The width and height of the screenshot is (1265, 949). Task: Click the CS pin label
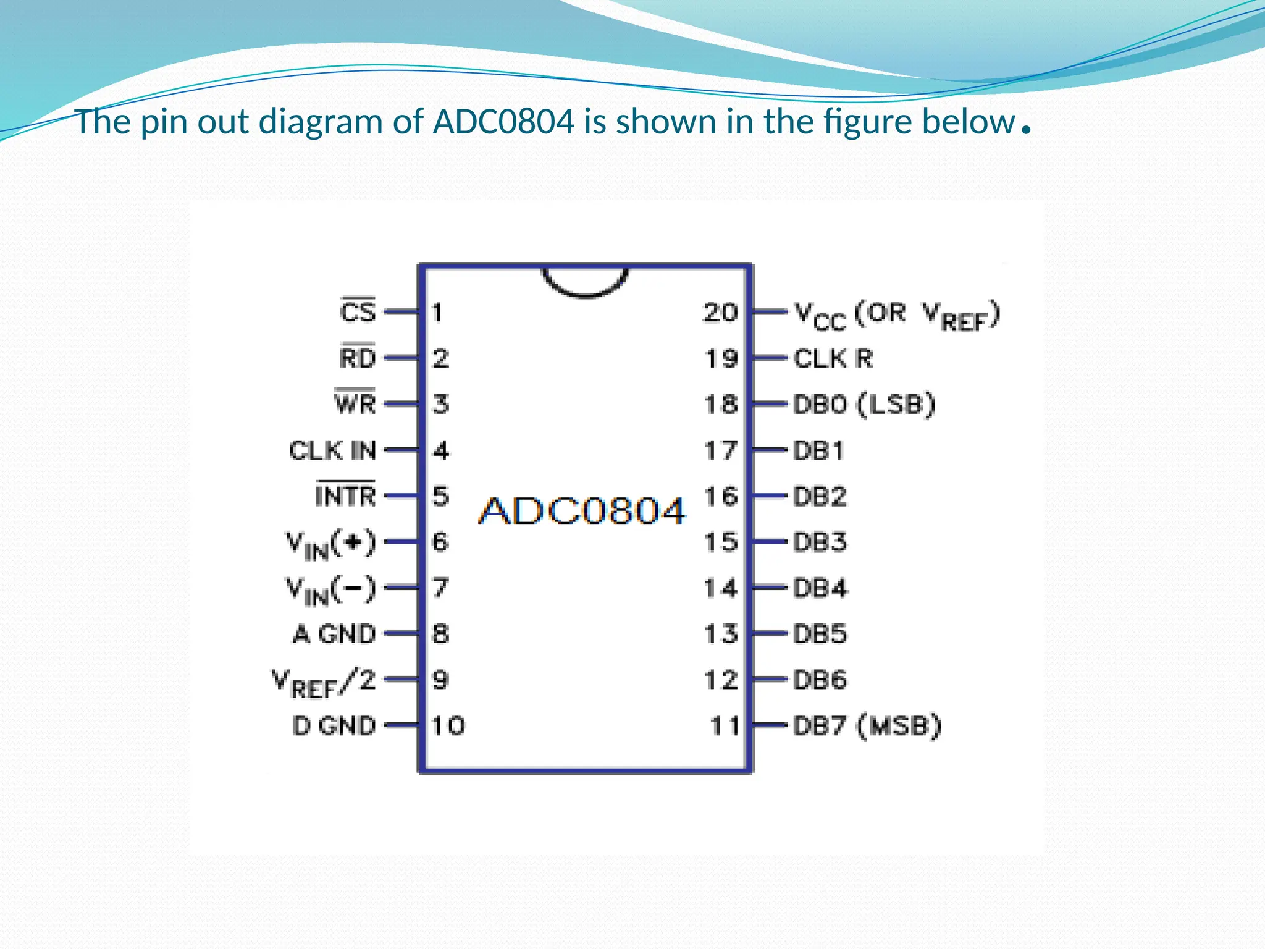(x=358, y=311)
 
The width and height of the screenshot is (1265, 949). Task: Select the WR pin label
(x=355, y=403)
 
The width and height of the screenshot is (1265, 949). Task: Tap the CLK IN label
(x=332, y=450)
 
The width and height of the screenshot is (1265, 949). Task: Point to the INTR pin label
(x=345, y=496)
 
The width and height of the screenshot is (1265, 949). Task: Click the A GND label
(x=334, y=634)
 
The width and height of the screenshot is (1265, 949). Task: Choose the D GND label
(x=334, y=725)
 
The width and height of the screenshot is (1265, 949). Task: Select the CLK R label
(x=833, y=358)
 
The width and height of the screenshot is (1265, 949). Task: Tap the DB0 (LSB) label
(x=864, y=405)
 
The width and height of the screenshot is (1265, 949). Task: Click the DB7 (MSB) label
(x=867, y=725)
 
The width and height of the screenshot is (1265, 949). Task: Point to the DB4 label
(x=820, y=588)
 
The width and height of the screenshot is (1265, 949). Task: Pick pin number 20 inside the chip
(x=720, y=312)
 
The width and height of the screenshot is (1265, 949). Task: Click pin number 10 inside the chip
(x=448, y=725)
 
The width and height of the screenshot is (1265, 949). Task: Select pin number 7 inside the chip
(x=440, y=587)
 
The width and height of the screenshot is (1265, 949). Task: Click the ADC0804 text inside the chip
(x=582, y=511)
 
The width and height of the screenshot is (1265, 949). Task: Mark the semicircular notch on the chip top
(x=585, y=282)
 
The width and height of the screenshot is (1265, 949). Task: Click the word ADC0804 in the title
(x=503, y=122)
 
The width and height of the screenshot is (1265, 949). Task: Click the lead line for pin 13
(x=769, y=633)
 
